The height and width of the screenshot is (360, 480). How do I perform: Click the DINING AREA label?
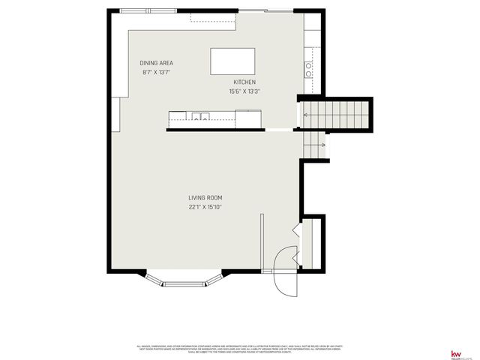[x=157, y=63]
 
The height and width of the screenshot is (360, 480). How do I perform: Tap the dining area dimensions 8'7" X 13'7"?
[x=157, y=73]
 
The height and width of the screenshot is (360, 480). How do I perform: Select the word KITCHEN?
[x=244, y=82]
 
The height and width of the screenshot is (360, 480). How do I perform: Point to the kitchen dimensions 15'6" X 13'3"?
[x=244, y=91]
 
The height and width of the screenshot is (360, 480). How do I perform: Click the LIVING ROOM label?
[x=205, y=198]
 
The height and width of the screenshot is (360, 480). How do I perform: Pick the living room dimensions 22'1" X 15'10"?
[x=205, y=207]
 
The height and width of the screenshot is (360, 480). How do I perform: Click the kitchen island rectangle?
[x=232, y=60]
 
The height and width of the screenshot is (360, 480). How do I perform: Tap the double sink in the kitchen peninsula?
[x=199, y=115]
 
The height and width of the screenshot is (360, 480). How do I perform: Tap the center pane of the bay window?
[x=184, y=283]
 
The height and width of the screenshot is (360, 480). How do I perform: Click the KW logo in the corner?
[x=454, y=354]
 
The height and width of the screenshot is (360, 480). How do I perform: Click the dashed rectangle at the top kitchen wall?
[x=213, y=16]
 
